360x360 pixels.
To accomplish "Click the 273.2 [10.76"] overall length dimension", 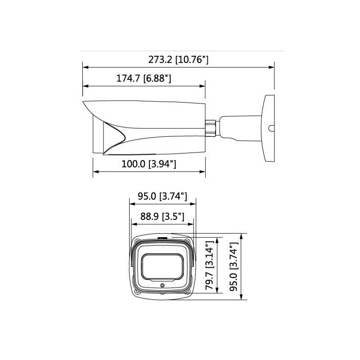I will tap(179, 59).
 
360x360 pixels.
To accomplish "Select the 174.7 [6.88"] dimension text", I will tap(144, 78).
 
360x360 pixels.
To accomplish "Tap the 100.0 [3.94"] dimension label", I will tap(148, 164).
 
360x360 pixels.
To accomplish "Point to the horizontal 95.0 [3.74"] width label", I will tap(162, 196).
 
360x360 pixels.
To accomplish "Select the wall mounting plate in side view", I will tap(268, 128).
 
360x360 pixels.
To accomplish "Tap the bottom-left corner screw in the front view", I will tap(137, 292).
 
